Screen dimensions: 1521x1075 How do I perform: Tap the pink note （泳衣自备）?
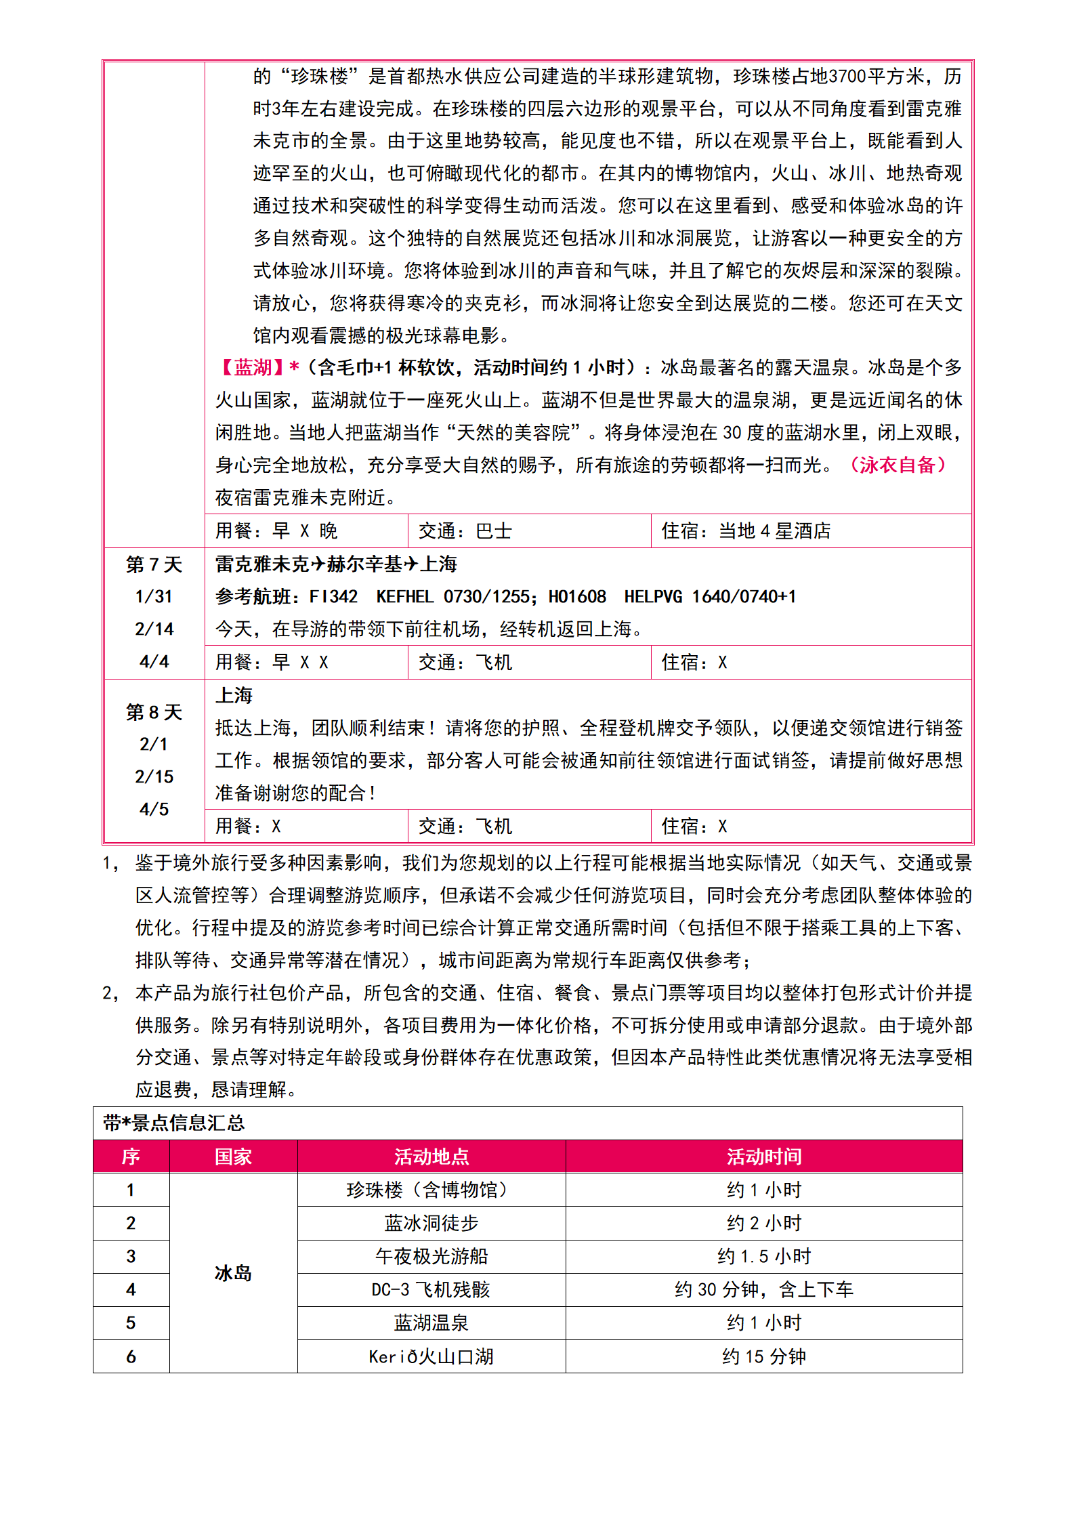pos(897,465)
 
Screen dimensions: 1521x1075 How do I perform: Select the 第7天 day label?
pos(154,564)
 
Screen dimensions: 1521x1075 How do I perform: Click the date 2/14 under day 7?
pos(154,629)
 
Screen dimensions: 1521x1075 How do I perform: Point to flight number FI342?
pos(333,597)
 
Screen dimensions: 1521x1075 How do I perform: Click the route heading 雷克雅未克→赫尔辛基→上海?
pos(336,564)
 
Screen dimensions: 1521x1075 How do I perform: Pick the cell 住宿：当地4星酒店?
pos(746,531)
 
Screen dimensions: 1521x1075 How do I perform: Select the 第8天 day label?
pos(154,712)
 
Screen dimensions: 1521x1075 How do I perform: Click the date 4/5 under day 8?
pos(154,810)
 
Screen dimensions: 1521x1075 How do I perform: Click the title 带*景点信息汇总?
pos(173,1123)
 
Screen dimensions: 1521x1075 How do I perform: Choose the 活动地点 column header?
pos(431,1157)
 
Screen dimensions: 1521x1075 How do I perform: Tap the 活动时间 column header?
pos(764,1157)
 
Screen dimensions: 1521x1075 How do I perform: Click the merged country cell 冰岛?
pos(233,1274)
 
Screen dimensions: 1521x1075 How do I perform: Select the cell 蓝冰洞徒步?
pos(431,1224)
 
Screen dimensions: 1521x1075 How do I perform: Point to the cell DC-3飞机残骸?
pos(431,1290)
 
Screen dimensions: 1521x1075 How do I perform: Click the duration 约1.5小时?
pos(764,1257)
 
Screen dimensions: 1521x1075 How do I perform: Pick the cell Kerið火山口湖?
pos(431,1357)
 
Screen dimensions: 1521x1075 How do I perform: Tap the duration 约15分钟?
pos(764,1357)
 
